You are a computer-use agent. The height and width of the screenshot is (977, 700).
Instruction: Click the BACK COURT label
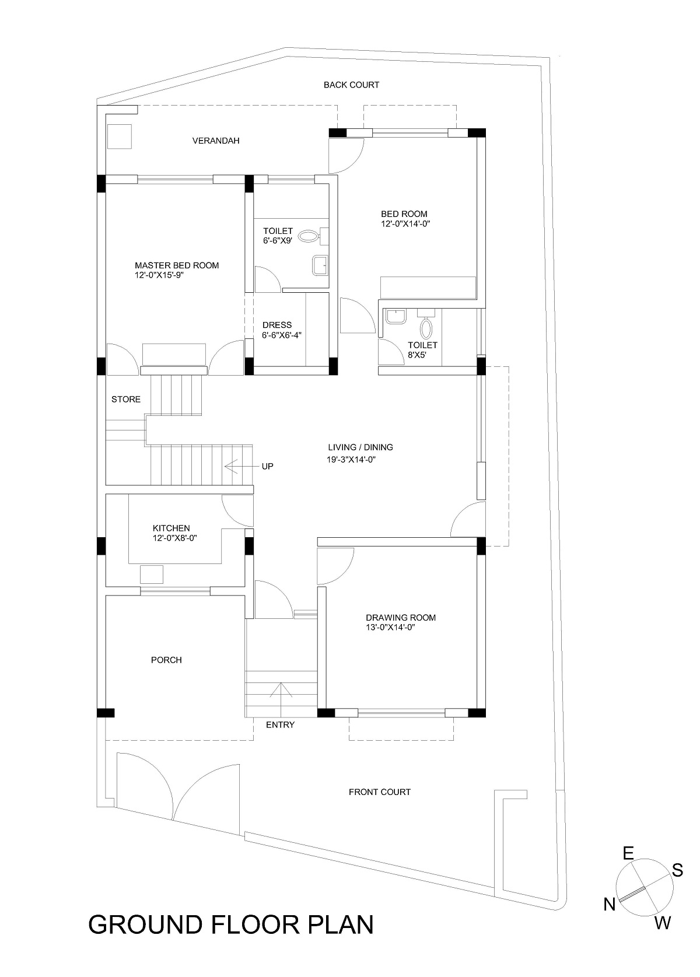click(351, 85)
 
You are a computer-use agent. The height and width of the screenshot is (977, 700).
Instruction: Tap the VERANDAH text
click(216, 141)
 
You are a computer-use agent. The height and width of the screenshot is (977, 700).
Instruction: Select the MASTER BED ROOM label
click(177, 265)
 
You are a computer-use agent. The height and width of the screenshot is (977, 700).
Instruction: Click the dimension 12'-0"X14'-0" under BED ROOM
click(405, 224)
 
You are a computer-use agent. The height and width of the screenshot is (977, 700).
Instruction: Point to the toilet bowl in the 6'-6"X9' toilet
click(308, 236)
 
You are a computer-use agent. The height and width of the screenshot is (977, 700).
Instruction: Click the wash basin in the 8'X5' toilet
click(395, 317)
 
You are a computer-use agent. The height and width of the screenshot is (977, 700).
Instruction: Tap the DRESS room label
click(277, 325)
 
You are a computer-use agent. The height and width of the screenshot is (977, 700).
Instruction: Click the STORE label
click(126, 400)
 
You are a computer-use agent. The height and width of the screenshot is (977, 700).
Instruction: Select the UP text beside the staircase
click(267, 467)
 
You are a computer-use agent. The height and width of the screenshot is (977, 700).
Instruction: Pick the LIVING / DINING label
click(360, 447)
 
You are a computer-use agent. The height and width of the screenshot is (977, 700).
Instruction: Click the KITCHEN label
click(171, 528)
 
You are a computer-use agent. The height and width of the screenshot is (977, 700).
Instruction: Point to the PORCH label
click(166, 660)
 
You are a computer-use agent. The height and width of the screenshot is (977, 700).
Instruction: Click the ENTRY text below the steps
click(280, 725)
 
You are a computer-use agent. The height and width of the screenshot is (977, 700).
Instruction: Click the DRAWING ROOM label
click(401, 618)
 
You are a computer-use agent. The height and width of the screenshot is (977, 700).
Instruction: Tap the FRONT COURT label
click(379, 792)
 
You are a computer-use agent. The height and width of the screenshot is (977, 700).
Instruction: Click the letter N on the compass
click(610, 905)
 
